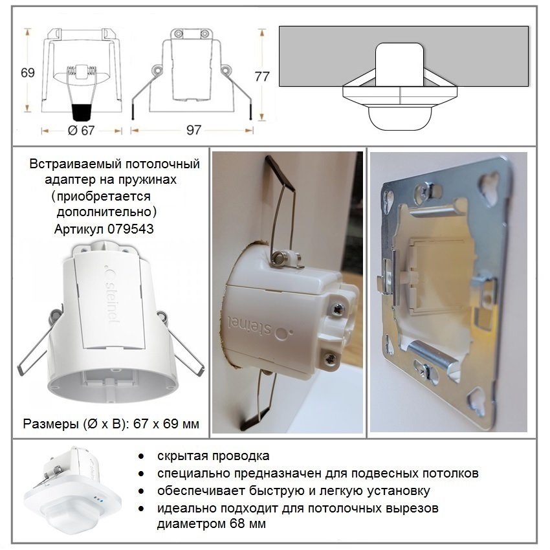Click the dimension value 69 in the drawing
click(x=28, y=72)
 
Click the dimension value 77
click(x=262, y=76)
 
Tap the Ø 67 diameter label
click(x=81, y=131)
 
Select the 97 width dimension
click(x=193, y=130)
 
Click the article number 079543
click(x=131, y=229)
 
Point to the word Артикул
click(x=80, y=230)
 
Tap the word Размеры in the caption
click(x=51, y=424)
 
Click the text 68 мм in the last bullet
click(x=248, y=523)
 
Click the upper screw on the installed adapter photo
click(x=337, y=309)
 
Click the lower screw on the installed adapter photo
click(x=330, y=358)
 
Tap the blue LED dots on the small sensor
click(x=98, y=498)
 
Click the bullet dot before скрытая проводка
click(x=141, y=456)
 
